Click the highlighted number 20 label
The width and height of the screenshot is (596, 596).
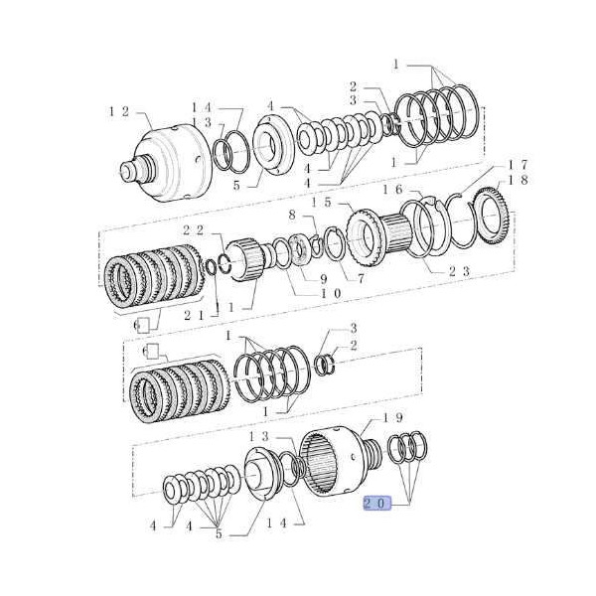(x=377, y=504)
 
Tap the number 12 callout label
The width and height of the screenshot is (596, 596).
(x=119, y=111)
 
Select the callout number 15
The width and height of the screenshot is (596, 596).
(x=321, y=202)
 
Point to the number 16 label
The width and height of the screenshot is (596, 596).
(x=392, y=190)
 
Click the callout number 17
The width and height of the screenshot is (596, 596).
(x=518, y=165)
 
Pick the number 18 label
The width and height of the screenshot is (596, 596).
(x=518, y=180)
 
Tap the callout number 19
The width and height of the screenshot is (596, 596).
(x=392, y=418)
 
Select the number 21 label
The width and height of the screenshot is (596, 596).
(x=194, y=315)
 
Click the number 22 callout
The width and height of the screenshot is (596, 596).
(x=193, y=230)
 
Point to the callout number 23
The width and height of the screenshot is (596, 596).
(x=459, y=271)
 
